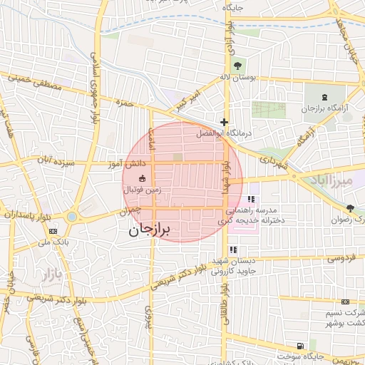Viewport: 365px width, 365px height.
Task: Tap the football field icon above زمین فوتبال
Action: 141,178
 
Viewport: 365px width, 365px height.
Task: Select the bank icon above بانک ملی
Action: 53,231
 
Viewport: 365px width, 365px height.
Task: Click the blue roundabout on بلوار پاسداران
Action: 72,216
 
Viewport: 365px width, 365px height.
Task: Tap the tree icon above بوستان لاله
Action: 237,65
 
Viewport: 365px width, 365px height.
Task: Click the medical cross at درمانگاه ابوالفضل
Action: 225,122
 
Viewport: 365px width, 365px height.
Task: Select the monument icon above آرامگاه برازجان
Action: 326,97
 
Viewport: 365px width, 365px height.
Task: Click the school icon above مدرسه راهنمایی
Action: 250,199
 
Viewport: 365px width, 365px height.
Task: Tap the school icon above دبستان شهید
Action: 233,250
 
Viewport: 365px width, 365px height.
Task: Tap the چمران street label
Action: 130,212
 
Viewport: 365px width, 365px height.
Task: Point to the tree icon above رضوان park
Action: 350,208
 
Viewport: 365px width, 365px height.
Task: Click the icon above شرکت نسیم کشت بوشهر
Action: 346,302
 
